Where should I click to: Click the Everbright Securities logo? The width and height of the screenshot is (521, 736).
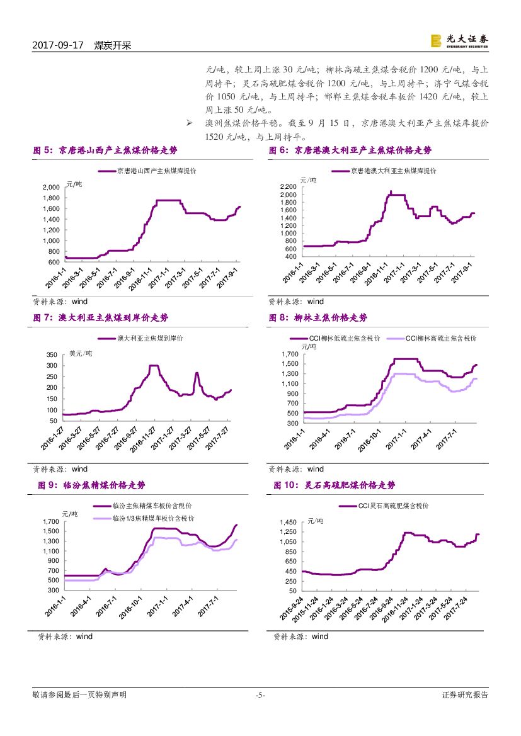tap(459, 40)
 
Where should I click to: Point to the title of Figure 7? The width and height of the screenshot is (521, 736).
tap(100, 318)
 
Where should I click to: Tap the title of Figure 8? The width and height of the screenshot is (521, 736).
tap(318, 318)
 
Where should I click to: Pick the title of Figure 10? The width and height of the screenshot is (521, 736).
tap(335, 485)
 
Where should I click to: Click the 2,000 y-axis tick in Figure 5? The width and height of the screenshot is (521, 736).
tap(51, 188)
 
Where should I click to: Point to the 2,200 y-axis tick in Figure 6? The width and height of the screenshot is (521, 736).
tap(287, 187)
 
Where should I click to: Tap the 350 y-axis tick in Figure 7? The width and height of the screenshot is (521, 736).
tap(52, 355)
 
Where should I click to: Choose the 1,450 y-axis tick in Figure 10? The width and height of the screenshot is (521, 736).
tap(287, 523)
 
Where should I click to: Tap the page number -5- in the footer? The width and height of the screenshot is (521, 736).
tap(260, 696)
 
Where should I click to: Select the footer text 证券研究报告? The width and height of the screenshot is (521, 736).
tap(466, 696)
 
